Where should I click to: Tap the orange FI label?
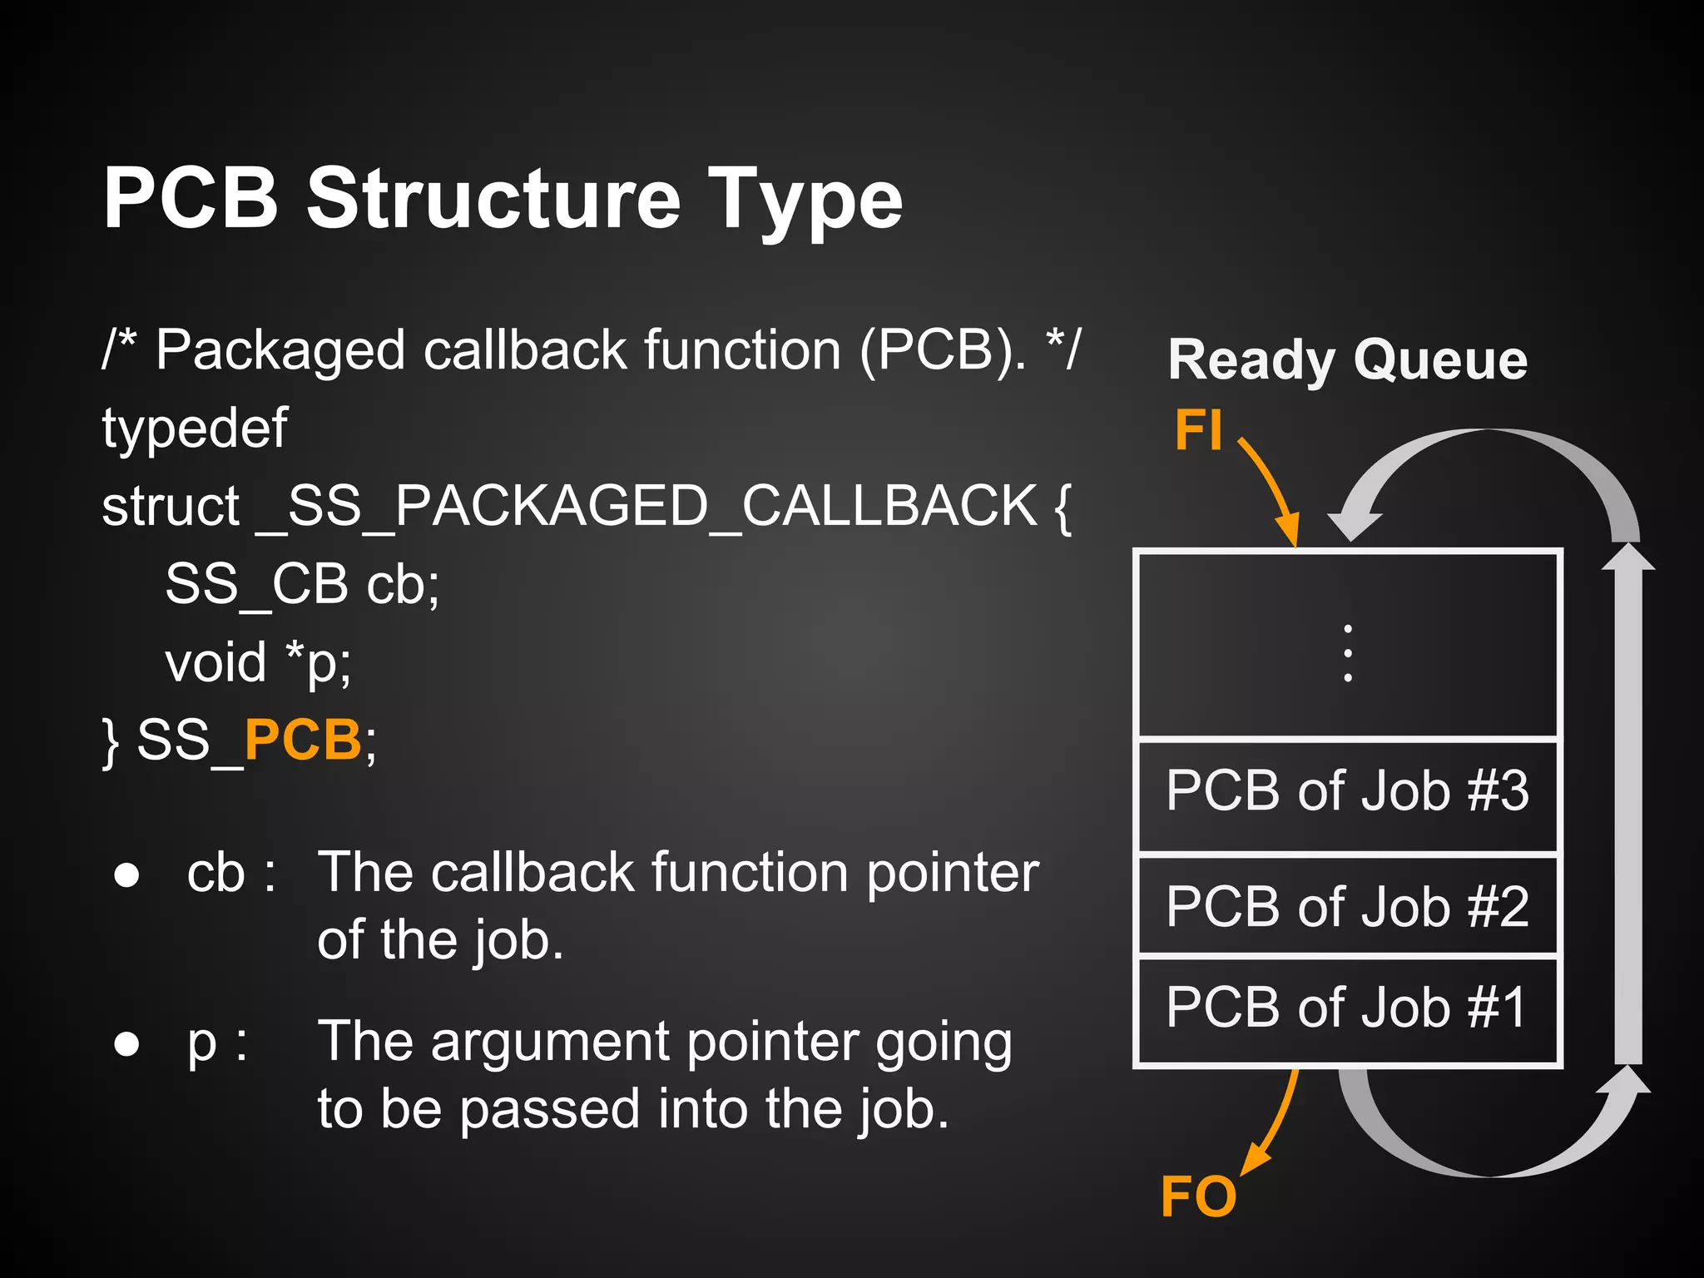[1198, 430]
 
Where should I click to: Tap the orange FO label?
[1198, 1196]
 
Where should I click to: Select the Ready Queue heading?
[1347, 360]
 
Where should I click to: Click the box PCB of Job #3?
[1347, 790]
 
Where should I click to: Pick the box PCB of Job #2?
[1347, 906]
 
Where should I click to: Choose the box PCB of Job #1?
[1347, 1008]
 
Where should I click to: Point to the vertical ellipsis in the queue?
[1347, 653]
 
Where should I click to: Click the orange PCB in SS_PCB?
[302, 740]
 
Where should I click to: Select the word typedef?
[195, 428]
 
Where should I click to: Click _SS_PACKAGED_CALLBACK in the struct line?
[646, 506]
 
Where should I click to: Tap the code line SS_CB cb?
[302, 584]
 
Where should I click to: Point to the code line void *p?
[258, 663]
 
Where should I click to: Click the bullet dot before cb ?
[126, 875]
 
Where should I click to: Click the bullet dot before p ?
[126, 1043]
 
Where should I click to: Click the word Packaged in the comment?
[280, 350]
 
